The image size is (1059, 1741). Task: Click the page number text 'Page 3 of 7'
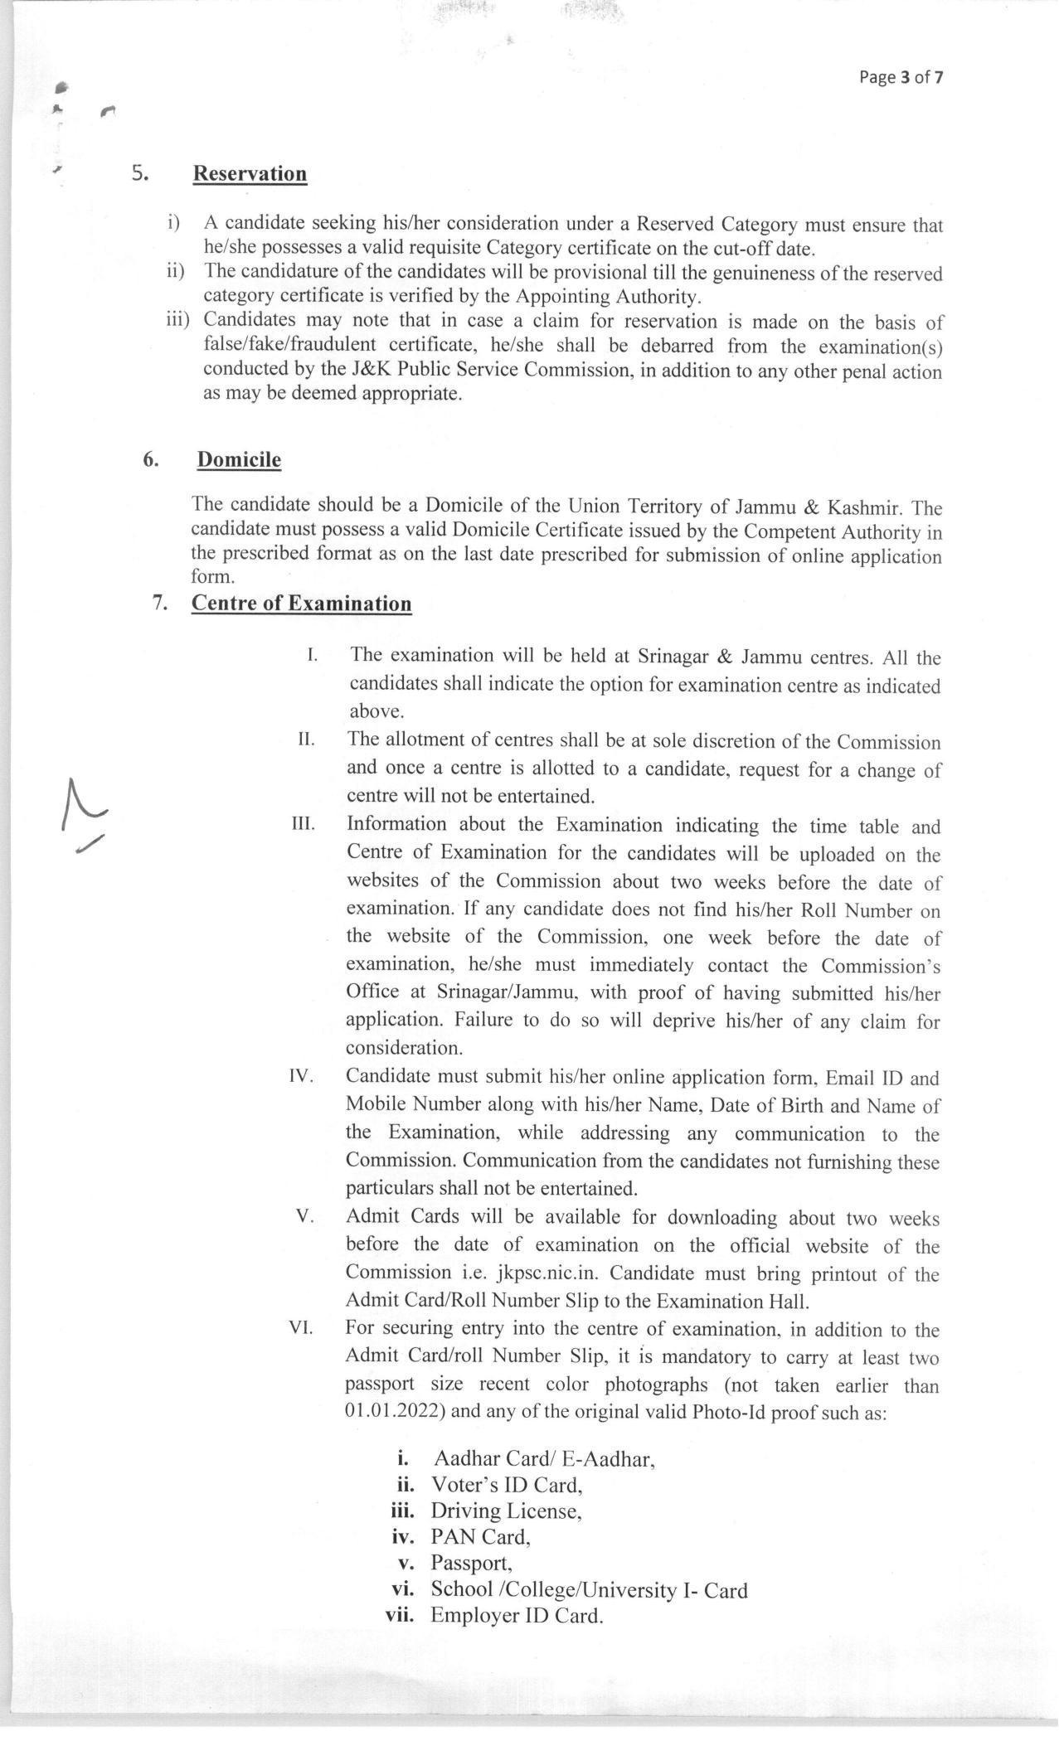[x=901, y=78]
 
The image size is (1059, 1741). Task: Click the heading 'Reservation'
[x=250, y=174]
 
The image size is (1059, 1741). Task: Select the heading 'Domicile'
[x=239, y=460]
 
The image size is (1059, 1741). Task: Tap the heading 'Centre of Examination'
[x=301, y=604]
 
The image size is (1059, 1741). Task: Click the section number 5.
[x=139, y=173]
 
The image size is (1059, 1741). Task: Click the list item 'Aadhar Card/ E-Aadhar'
[x=544, y=1459]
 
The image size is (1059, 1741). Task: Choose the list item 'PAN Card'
[x=480, y=1537]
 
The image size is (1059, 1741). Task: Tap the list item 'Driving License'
[x=505, y=1511]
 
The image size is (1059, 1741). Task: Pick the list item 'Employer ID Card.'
[x=516, y=1616]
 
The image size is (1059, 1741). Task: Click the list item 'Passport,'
[x=471, y=1564]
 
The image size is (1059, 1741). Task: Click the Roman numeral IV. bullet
[x=300, y=1076]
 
